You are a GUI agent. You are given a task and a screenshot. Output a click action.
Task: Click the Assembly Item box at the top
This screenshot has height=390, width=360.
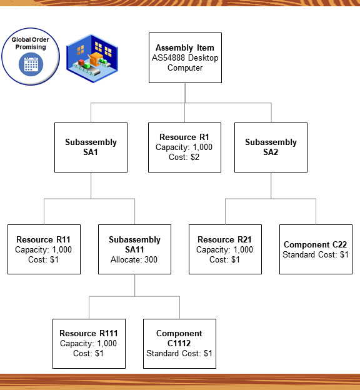pos(184,57)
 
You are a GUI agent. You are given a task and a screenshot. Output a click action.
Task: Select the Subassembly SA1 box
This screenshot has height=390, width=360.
pos(91,147)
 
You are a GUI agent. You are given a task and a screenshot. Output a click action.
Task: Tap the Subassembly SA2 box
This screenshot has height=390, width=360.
pos(271,147)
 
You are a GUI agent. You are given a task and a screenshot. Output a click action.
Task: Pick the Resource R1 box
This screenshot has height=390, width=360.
pos(184,147)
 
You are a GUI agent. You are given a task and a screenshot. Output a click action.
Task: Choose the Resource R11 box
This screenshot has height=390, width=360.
pos(44,249)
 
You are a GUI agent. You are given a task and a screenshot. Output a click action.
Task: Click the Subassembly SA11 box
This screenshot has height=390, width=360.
pos(134,249)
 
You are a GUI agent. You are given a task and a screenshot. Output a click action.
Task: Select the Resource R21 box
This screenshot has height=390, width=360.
pos(225,249)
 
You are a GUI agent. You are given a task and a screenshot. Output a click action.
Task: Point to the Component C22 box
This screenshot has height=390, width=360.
pos(316,249)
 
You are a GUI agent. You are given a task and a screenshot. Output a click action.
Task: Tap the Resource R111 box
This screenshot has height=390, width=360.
pos(88,343)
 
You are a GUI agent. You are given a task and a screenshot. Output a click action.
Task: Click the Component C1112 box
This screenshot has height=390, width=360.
pos(179,343)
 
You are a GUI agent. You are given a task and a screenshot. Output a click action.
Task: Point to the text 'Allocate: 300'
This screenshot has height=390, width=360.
pos(134,259)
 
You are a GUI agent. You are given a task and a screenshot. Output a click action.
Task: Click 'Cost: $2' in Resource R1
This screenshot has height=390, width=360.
pos(184,157)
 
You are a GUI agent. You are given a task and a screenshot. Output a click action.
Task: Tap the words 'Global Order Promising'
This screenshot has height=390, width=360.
pos(30,44)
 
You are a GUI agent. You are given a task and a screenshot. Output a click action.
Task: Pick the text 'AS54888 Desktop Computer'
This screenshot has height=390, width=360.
pos(184,62)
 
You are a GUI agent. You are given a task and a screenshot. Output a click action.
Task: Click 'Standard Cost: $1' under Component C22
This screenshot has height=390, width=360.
pos(316,255)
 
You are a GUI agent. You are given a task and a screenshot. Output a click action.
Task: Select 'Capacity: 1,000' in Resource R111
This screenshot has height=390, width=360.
pos(88,343)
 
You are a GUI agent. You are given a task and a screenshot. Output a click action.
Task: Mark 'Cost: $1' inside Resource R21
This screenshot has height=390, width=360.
pos(225,259)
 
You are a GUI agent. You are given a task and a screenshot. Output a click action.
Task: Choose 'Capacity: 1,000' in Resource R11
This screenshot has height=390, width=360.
pos(44,249)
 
